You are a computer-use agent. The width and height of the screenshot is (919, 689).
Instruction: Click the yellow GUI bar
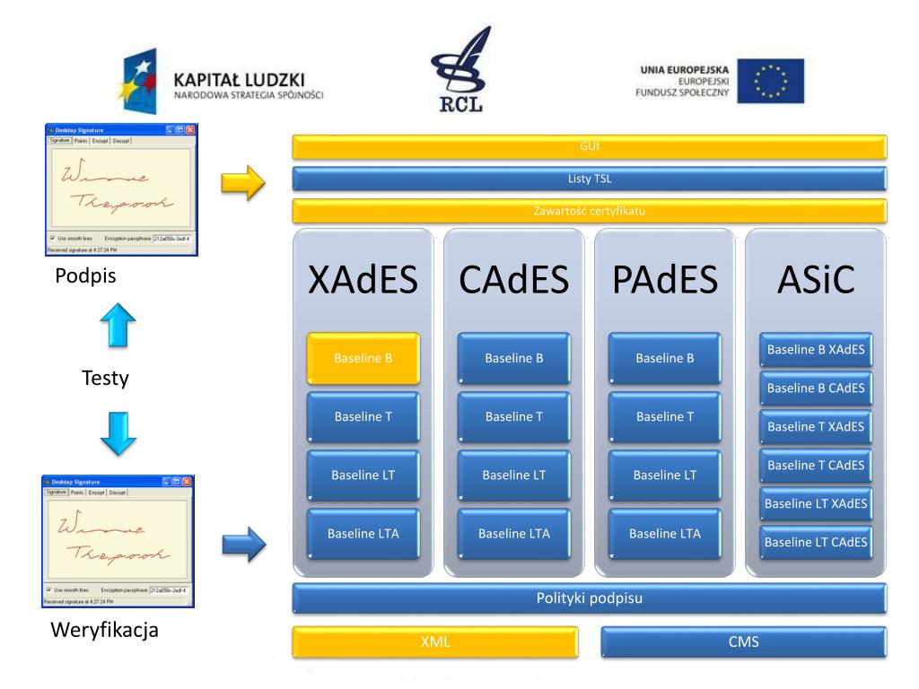click(589, 146)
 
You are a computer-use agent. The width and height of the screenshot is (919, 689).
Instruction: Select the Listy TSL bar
click(589, 179)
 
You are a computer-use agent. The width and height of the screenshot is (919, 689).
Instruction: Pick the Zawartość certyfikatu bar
click(589, 212)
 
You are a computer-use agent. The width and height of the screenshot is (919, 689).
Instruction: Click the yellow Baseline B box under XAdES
click(363, 358)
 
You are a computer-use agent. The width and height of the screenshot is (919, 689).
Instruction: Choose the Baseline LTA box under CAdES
click(513, 534)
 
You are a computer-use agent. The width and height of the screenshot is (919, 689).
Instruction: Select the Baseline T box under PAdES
click(664, 416)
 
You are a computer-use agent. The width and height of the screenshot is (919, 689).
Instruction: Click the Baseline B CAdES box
click(815, 388)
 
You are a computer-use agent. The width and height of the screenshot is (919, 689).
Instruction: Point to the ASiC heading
click(815, 281)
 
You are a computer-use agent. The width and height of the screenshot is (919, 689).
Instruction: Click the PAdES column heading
click(664, 281)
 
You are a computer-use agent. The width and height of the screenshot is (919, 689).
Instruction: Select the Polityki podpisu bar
click(589, 597)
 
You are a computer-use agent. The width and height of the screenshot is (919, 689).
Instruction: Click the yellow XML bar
click(434, 641)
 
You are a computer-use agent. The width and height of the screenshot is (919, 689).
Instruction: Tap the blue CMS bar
click(743, 641)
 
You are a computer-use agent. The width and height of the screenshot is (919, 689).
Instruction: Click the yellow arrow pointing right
click(244, 185)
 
